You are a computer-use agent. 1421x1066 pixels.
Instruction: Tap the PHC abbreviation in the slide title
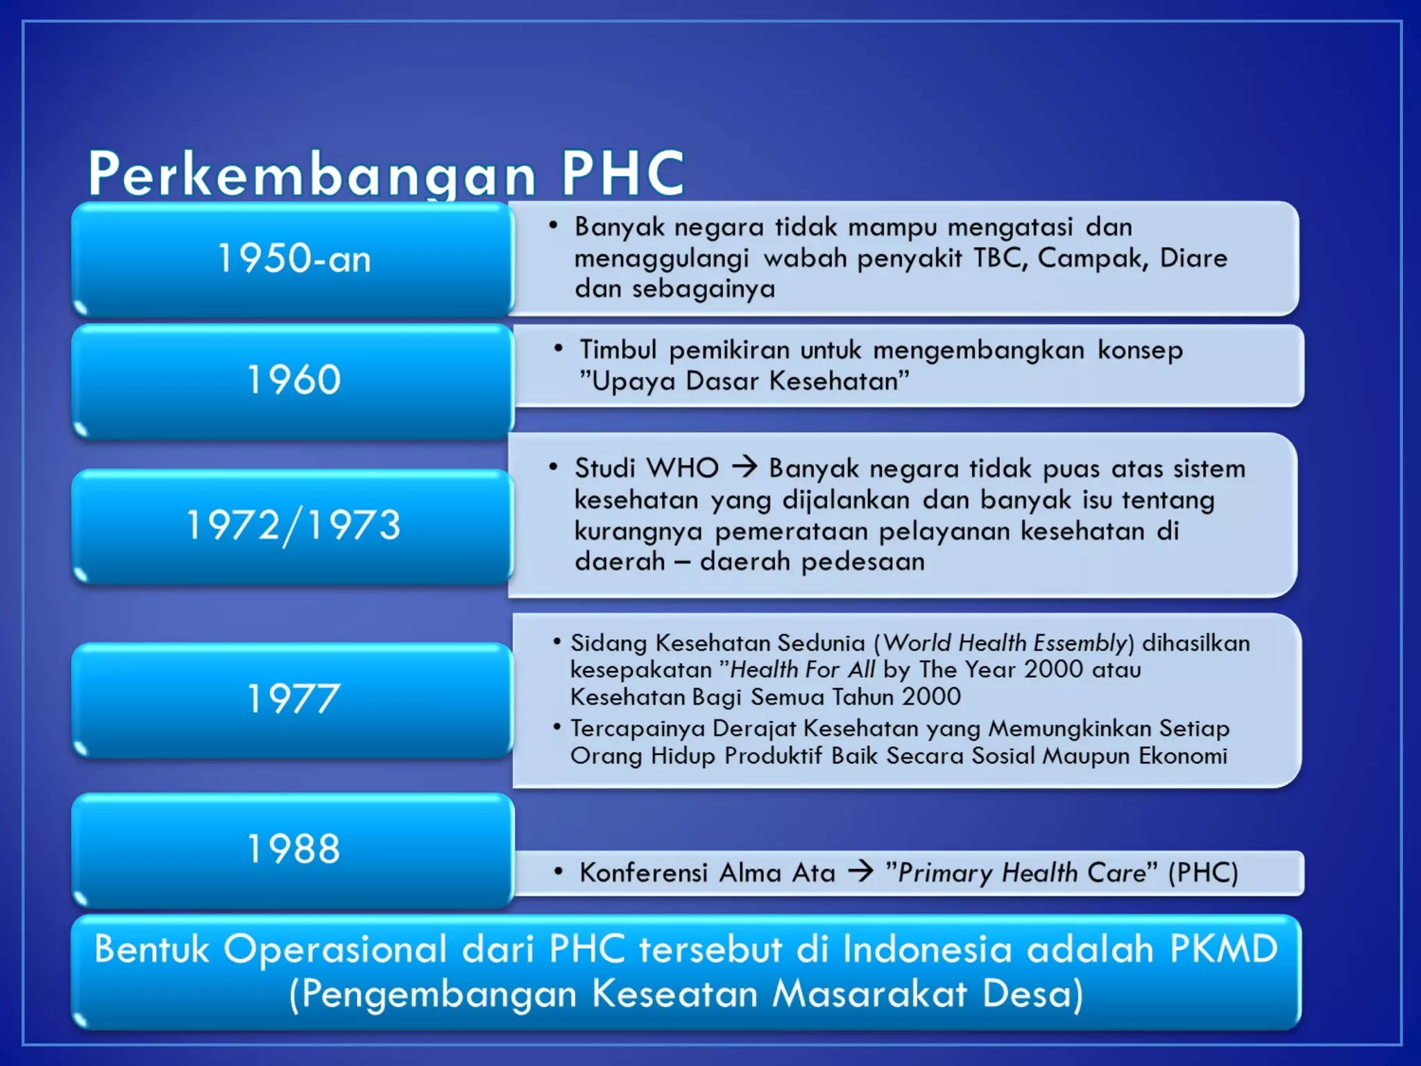(622, 174)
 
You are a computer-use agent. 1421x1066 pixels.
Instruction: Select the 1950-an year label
(294, 258)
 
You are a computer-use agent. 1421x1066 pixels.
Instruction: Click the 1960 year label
(294, 380)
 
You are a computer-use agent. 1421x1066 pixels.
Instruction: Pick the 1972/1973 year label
(294, 525)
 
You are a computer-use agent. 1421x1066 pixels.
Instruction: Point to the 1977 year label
(294, 698)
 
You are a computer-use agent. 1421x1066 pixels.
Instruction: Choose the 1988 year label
(294, 848)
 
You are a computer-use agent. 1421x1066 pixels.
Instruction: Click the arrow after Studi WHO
(744, 467)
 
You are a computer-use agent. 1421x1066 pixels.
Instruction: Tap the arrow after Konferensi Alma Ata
(861, 871)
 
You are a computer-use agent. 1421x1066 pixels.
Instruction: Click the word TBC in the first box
(1000, 258)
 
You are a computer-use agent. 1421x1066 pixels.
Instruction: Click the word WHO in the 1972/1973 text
(683, 468)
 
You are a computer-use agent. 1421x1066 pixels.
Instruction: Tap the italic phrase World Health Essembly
(1005, 643)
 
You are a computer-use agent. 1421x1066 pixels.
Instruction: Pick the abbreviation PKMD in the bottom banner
(1223, 949)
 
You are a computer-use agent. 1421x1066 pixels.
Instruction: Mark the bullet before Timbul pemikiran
(559, 348)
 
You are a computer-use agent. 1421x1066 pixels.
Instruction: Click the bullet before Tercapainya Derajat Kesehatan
(556, 727)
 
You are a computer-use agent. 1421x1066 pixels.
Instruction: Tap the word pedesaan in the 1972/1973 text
(863, 561)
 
